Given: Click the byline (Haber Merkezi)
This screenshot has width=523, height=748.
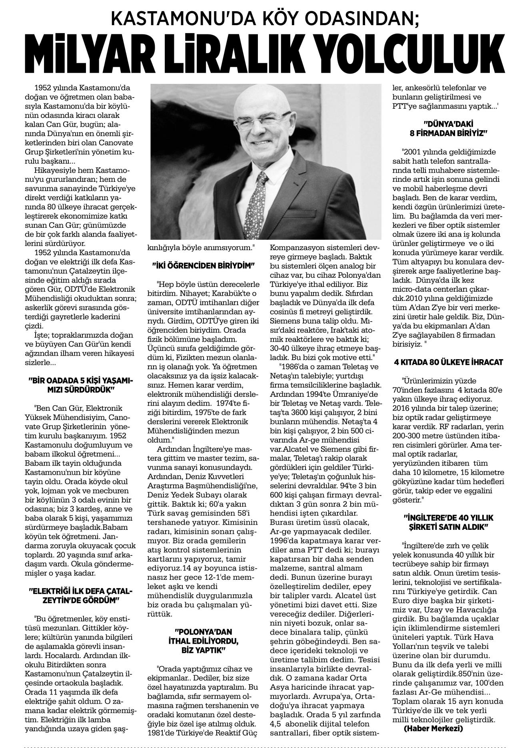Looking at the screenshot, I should pyautogui.click(x=433, y=728).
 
